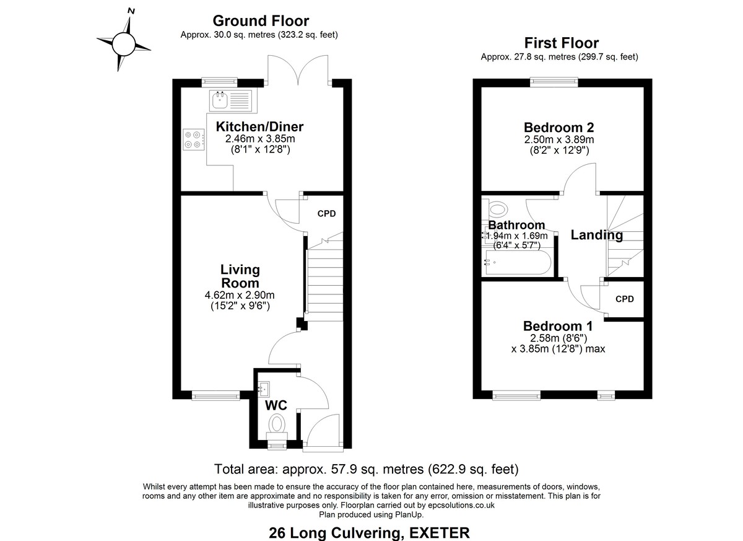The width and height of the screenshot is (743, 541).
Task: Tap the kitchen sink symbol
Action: (232, 100)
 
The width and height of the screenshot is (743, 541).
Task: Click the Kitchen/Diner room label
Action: (259, 127)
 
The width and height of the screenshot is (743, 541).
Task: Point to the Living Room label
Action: (240, 276)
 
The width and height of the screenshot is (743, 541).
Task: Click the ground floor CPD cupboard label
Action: (326, 214)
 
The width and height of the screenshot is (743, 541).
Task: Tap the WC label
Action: (276, 406)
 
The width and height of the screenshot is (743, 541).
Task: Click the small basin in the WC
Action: (264, 389)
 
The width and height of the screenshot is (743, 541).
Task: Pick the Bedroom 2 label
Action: (558, 128)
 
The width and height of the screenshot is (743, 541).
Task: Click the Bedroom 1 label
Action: (558, 326)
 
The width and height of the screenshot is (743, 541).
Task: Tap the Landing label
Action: (596, 235)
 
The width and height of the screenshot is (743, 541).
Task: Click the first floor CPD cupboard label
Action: (625, 299)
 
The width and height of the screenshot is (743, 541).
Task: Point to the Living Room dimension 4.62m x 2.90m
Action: (239, 295)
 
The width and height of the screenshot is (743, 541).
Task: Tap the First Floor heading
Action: (561, 43)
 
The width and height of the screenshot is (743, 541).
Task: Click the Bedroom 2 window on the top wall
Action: (554, 80)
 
